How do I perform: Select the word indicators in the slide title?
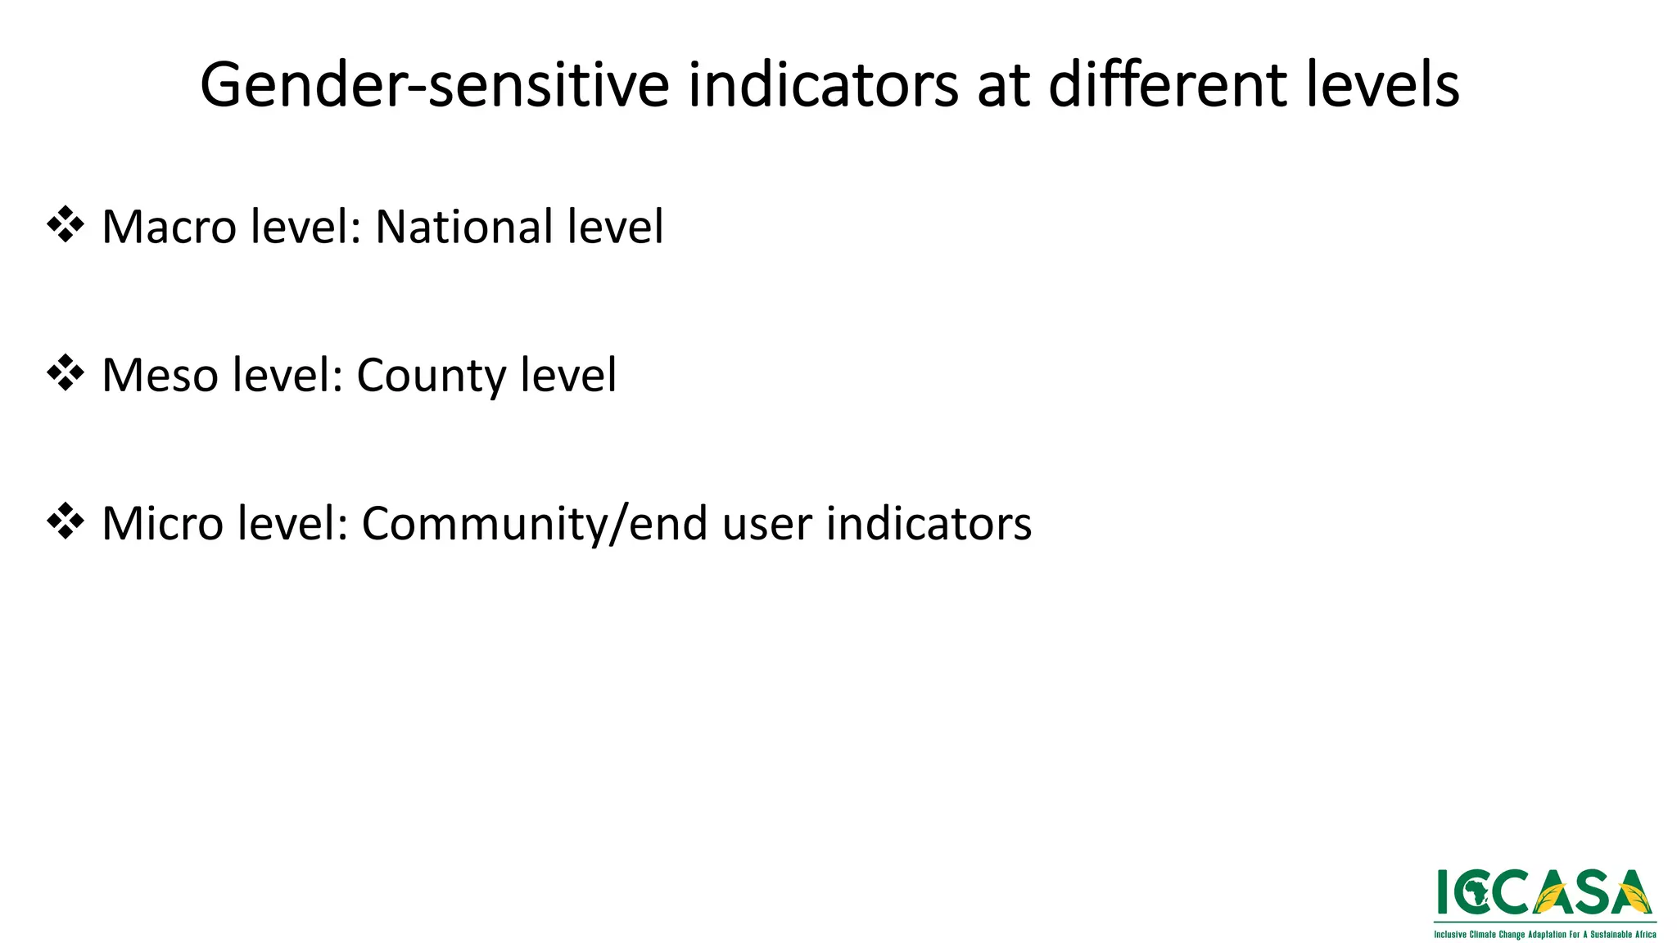pyautogui.click(x=822, y=85)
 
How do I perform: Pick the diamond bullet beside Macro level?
pyautogui.click(x=66, y=225)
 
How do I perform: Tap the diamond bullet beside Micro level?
pyautogui.click(x=66, y=521)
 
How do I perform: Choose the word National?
pyautogui.click(x=450, y=227)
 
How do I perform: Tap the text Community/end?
pyautogui.click(x=534, y=525)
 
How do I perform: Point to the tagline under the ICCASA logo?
pyautogui.click(x=1544, y=934)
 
